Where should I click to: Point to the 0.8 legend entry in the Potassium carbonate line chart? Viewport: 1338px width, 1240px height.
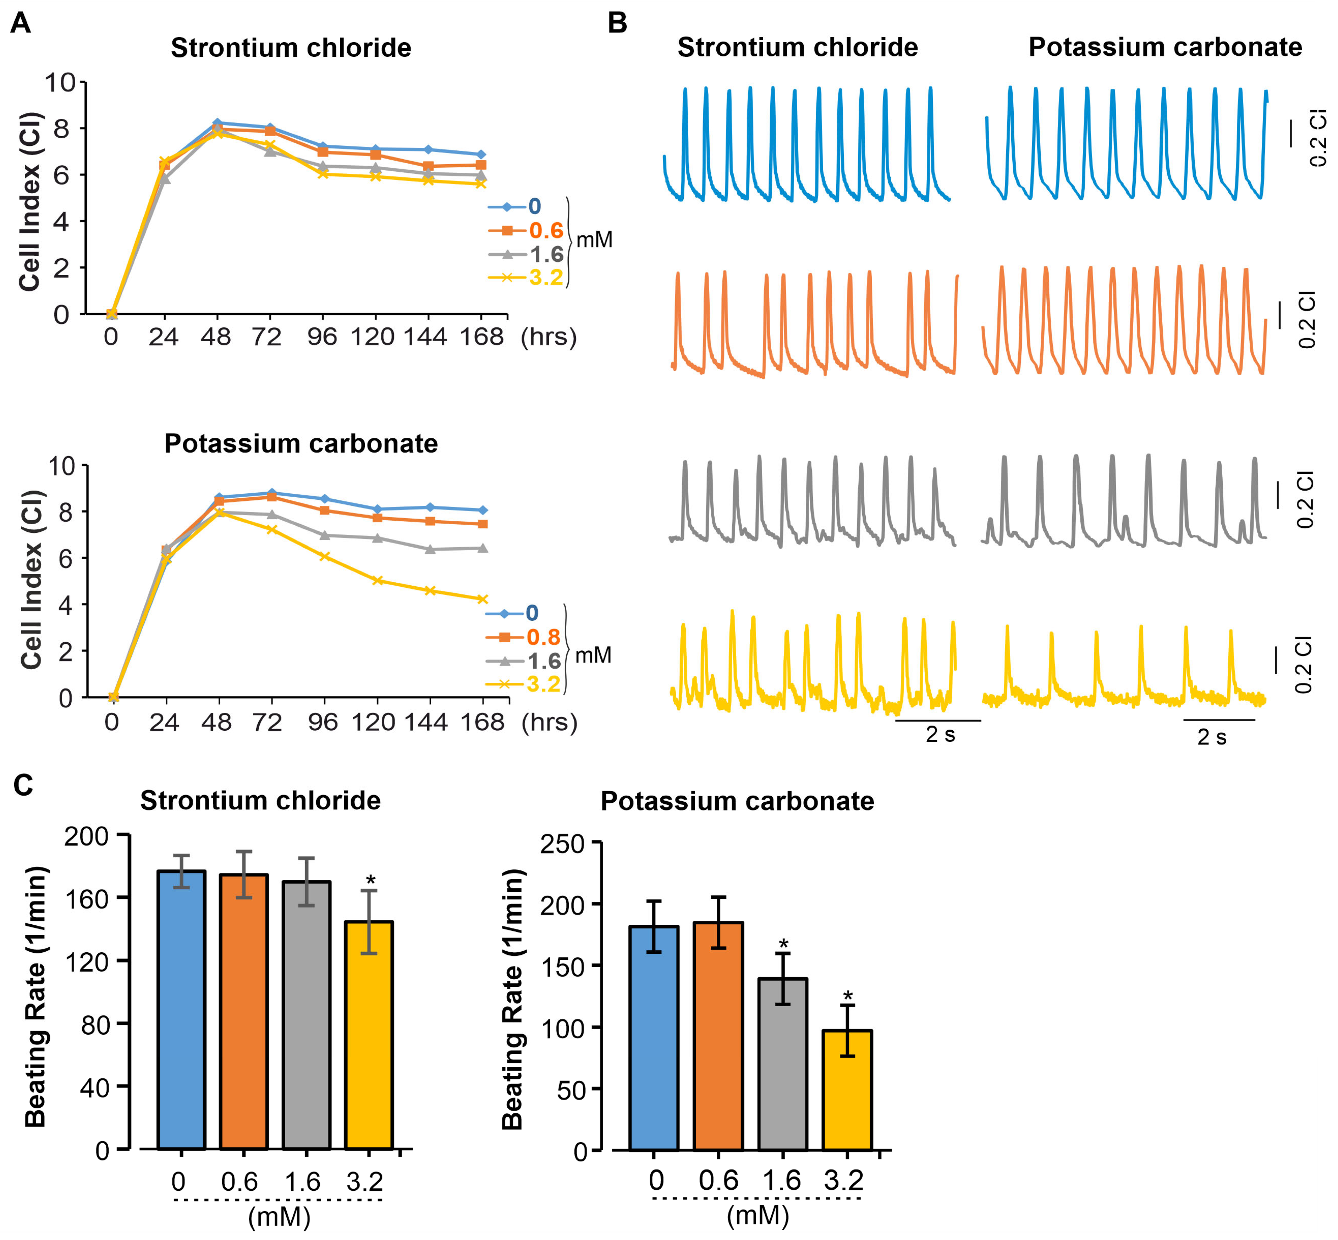point(543,637)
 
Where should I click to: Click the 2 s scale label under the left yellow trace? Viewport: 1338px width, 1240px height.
point(940,734)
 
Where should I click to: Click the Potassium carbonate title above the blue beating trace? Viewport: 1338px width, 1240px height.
point(1166,47)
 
